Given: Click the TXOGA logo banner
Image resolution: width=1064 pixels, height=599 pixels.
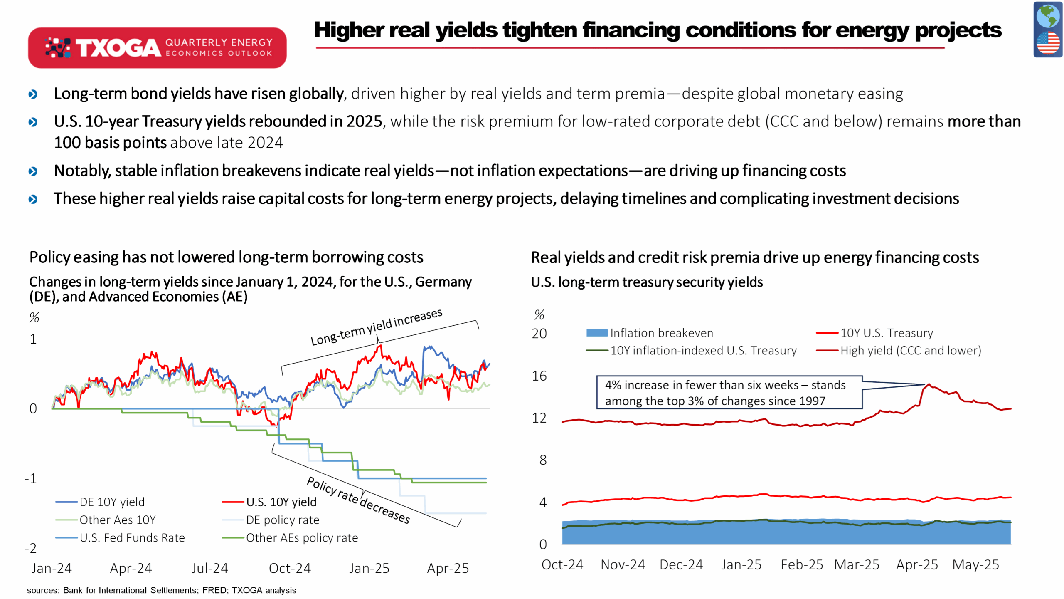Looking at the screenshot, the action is (157, 48).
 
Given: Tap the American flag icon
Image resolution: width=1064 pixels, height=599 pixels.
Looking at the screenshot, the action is (1048, 43).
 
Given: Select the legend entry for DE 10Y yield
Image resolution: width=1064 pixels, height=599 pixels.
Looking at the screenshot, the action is (100, 502).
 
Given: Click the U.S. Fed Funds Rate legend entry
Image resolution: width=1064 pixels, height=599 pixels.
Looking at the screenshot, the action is (120, 538).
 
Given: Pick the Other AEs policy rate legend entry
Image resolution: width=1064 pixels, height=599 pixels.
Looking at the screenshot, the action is (290, 538).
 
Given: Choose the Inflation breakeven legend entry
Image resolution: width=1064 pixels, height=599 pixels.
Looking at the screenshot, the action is (650, 333).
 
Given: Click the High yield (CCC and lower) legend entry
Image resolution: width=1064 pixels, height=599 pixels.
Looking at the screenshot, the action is (899, 351).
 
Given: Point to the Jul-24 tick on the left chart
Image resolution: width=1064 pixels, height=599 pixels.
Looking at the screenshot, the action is (209, 568).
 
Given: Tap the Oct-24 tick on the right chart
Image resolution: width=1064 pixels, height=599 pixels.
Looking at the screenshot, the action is (562, 565).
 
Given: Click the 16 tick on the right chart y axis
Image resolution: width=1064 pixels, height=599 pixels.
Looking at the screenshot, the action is (539, 376).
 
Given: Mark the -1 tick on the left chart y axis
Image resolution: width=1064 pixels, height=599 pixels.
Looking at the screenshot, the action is (31, 478).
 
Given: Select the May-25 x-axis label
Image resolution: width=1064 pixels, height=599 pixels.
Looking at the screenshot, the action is (975, 565).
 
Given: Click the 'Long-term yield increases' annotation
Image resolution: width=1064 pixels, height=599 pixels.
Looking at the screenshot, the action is (377, 327).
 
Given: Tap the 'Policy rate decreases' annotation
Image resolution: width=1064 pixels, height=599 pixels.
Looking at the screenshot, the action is (358, 500).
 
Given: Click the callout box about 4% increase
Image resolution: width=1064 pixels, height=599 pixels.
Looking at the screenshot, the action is (729, 393).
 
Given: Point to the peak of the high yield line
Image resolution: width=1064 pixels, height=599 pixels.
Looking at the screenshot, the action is (929, 384).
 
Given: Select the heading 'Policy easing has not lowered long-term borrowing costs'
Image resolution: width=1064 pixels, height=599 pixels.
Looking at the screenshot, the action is (226, 257).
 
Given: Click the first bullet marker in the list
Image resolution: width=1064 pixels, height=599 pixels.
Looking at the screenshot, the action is (33, 94).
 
